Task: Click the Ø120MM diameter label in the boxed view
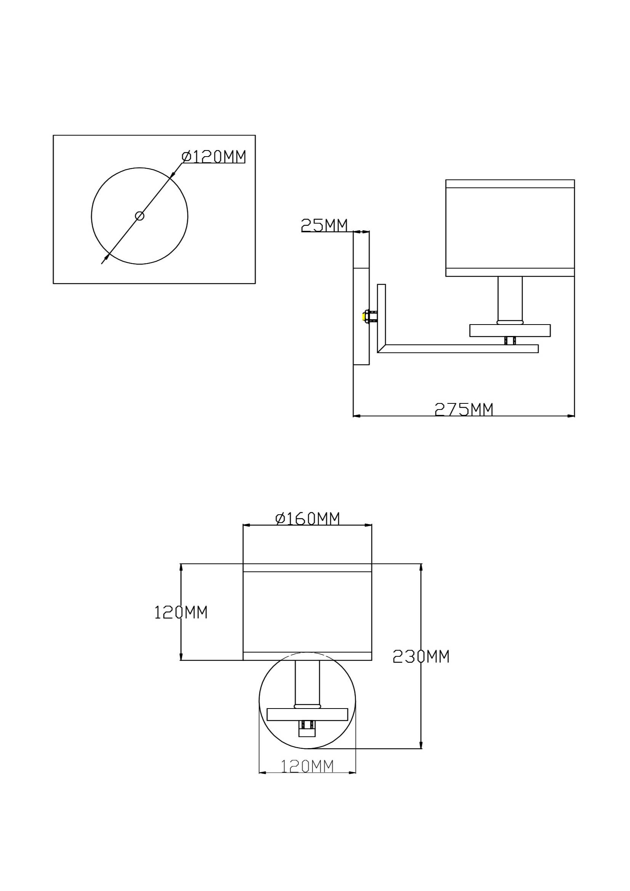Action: [214, 157]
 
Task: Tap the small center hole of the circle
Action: [139, 216]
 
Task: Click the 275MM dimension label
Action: [463, 410]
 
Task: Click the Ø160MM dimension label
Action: [307, 518]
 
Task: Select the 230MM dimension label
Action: [421, 656]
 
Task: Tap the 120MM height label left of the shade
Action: [181, 613]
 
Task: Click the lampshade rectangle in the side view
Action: [510, 228]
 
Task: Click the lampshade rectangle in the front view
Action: [308, 612]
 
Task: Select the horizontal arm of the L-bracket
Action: [458, 349]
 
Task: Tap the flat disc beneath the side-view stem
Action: [510, 330]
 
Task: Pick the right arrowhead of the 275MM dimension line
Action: [571, 416]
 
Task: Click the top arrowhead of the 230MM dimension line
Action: [421, 567]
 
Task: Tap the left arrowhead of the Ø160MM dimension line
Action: [247, 525]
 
